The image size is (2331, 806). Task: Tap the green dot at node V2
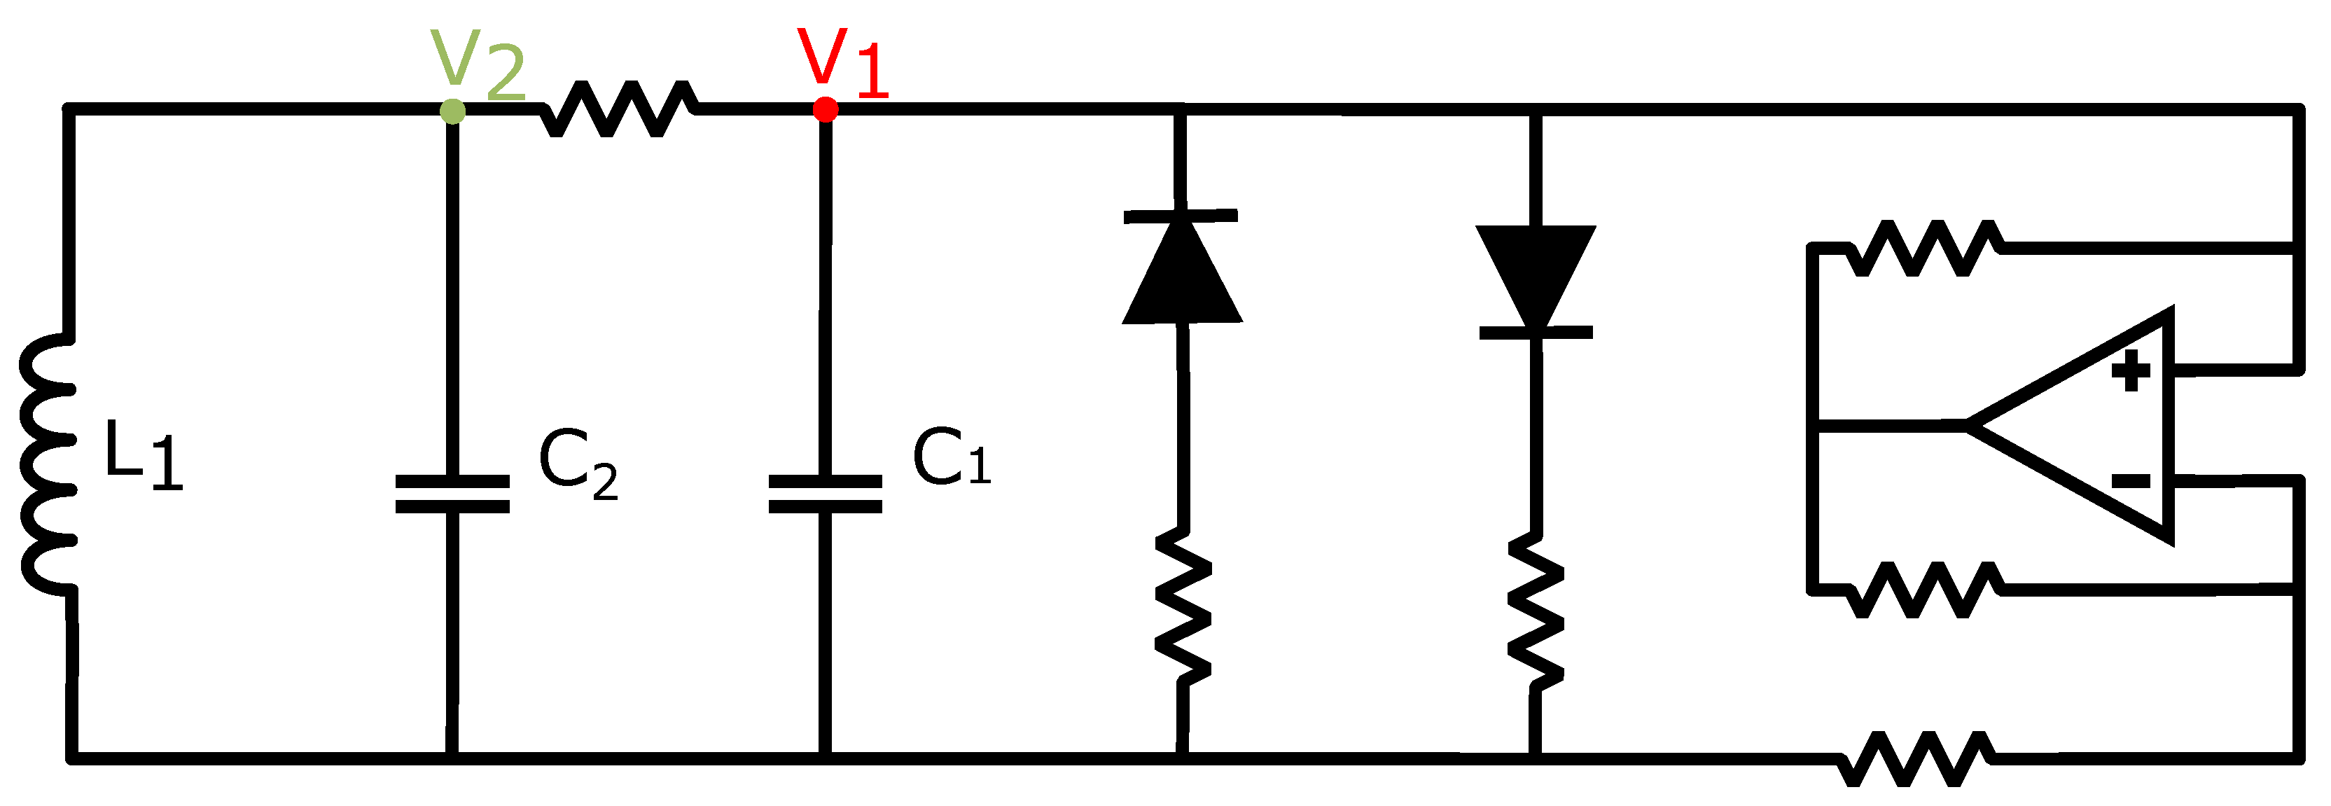point(452,111)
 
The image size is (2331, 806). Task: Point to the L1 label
point(143,455)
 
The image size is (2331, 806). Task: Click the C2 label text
point(576,463)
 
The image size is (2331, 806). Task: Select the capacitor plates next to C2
point(452,494)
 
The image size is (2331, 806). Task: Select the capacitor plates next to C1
point(826,494)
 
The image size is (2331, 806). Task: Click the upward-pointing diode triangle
point(1182,272)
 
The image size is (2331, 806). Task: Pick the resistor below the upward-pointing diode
point(1183,604)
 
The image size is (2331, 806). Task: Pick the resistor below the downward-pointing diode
point(1536,611)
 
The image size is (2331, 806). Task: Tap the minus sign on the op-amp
point(2130,480)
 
